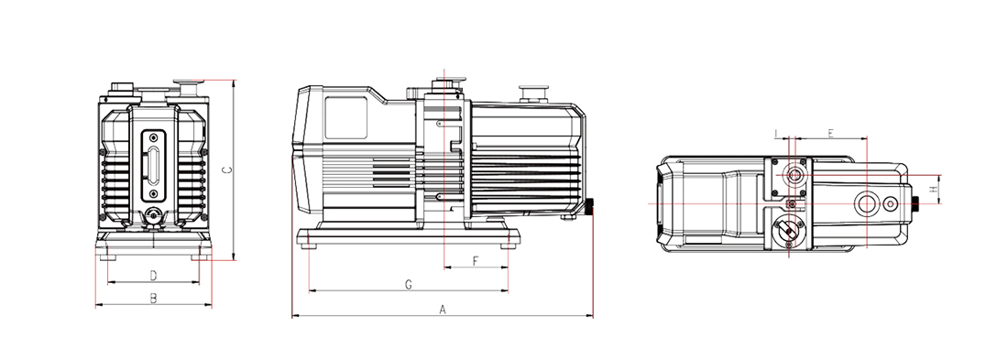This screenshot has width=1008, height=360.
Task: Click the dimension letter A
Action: coord(443,310)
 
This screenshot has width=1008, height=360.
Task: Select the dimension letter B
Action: coord(154,299)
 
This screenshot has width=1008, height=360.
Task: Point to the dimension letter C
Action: coord(225,169)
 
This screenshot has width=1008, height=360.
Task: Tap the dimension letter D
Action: coord(154,276)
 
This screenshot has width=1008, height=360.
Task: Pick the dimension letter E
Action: coord(830,134)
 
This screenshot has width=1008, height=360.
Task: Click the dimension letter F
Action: coord(476,261)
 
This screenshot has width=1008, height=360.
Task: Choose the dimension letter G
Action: coord(408,285)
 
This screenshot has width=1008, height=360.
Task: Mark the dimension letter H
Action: coord(933,190)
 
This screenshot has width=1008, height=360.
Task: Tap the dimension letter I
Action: coord(776,134)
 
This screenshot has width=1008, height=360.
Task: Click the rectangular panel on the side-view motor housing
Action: coord(345,117)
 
